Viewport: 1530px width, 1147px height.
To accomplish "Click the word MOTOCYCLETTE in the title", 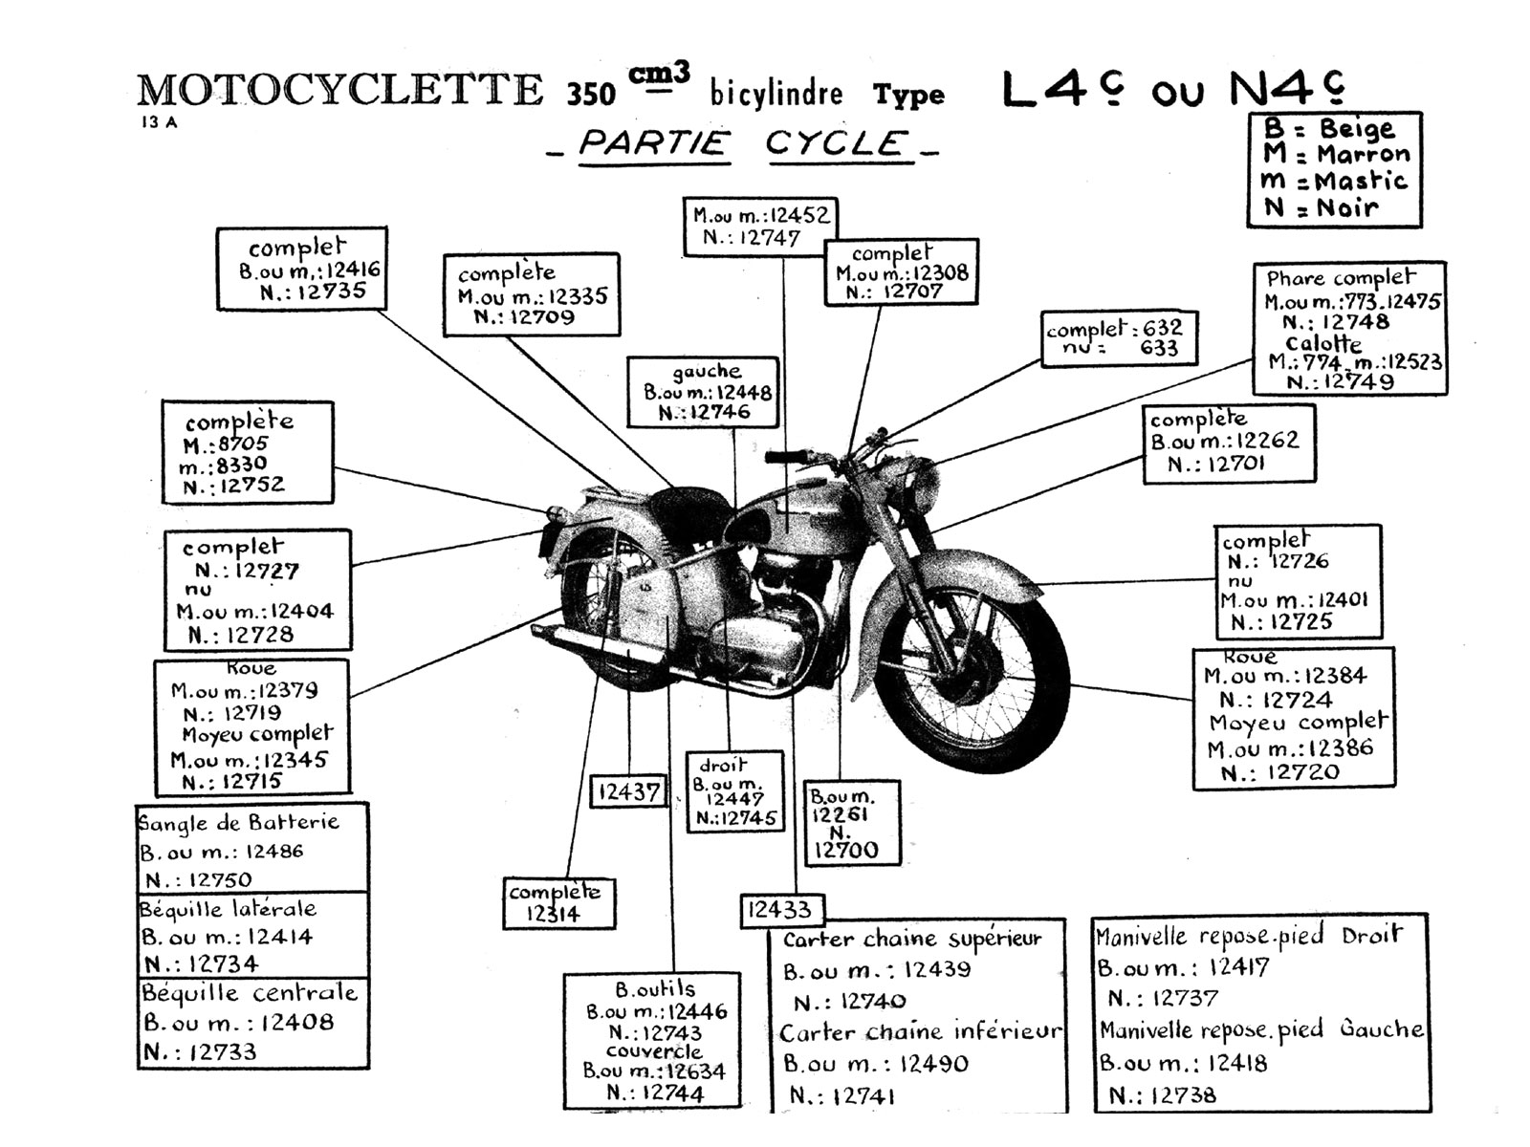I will click(x=339, y=91).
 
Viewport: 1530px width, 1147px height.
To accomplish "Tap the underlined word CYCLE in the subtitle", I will click(x=836, y=144).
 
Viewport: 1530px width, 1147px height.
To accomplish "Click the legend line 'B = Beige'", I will click(x=1329, y=129).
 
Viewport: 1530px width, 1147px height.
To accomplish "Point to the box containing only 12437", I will click(x=628, y=792).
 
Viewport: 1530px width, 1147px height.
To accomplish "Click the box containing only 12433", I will click(x=779, y=910).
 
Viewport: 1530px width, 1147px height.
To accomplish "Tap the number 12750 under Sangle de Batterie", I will click(x=220, y=879).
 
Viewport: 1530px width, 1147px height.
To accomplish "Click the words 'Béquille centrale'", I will click(x=250, y=993).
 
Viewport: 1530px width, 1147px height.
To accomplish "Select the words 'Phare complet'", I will click(x=1340, y=278).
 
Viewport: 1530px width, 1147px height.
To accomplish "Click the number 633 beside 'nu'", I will click(x=1158, y=349).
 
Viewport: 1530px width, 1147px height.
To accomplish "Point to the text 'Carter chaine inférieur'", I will click(x=920, y=1032).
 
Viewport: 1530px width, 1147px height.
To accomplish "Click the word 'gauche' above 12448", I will click(x=706, y=372).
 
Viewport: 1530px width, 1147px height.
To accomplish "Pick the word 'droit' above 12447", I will click(x=722, y=766).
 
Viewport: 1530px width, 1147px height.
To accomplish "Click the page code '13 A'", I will click(x=158, y=122).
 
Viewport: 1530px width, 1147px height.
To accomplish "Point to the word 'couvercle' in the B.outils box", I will click(x=654, y=1051).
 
